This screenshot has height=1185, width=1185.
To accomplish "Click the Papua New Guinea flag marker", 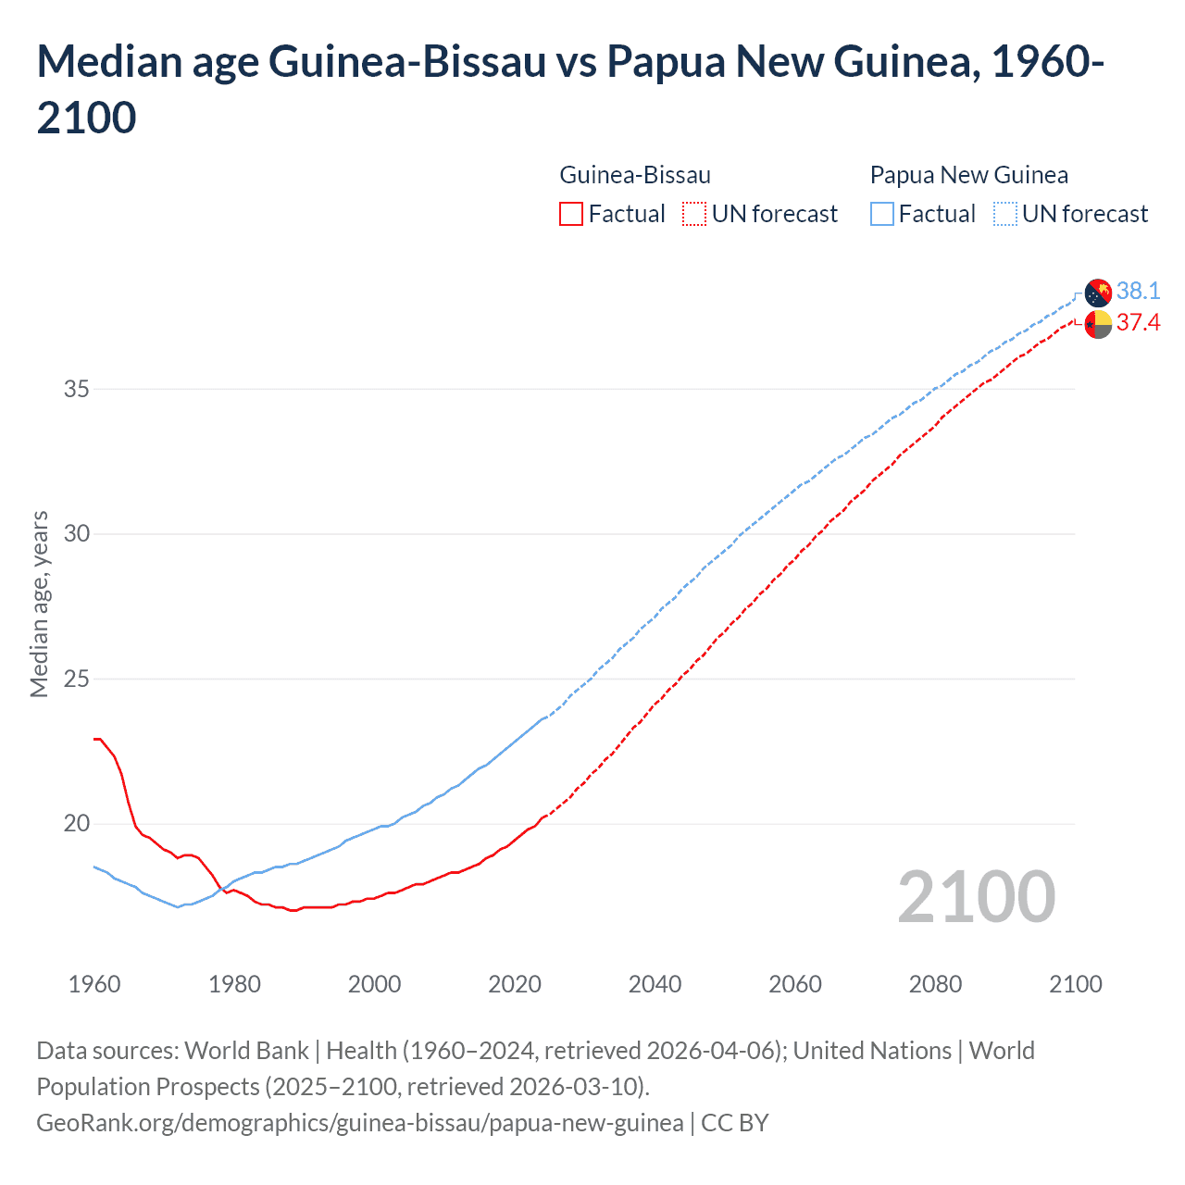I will (x=1098, y=293).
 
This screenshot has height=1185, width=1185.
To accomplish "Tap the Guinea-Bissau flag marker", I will (x=1098, y=325).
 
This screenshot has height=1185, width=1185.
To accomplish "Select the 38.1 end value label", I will (x=1138, y=291).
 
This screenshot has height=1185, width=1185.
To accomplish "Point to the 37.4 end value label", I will (x=1138, y=322).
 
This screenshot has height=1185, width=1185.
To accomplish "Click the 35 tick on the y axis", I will (x=77, y=389).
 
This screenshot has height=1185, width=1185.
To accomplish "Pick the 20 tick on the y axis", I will (x=77, y=823).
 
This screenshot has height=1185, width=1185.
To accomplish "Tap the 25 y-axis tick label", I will (x=77, y=679).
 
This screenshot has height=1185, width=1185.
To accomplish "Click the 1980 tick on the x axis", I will (x=234, y=984).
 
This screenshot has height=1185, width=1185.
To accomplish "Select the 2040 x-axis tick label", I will (x=655, y=984).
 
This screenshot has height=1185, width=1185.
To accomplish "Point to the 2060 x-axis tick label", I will (x=795, y=984).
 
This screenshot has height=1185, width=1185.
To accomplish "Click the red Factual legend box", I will (x=571, y=215).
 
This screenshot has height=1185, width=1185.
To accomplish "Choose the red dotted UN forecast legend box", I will (x=694, y=215).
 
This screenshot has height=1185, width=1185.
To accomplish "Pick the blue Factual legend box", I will (x=882, y=215).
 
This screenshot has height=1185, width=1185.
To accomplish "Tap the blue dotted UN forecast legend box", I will (x=1004, y=215).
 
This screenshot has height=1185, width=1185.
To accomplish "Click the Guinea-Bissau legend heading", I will (x=635, y=175).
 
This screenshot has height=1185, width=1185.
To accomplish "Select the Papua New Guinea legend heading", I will (x=969, y=175).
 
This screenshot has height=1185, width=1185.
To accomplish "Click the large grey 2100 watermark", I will (x=976, y=896).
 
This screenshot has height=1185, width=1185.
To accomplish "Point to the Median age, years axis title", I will (x=39, y=604).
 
